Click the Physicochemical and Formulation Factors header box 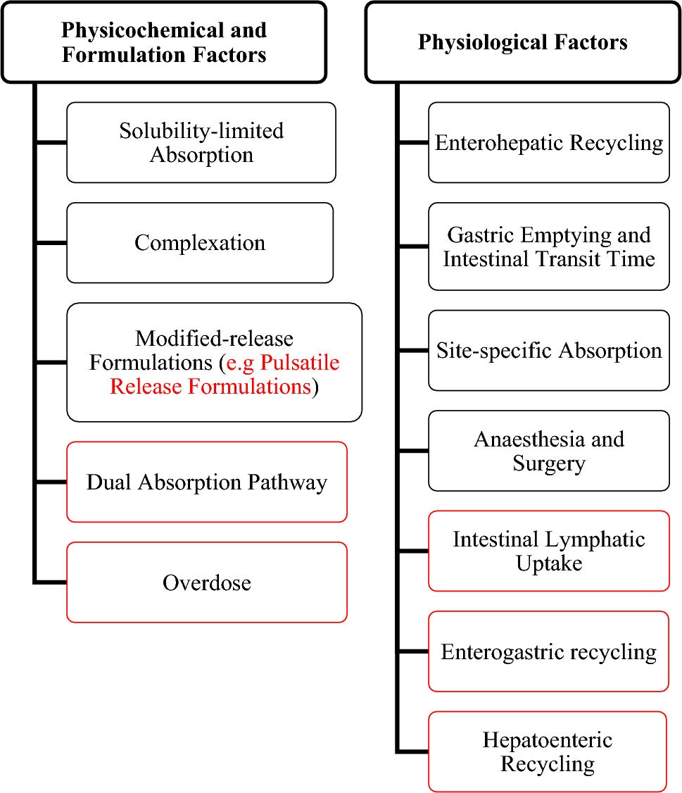coord(163,42)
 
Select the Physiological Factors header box coord(522,42)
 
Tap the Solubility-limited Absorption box coord(201,142)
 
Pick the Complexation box coord(200,243)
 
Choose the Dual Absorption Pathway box coord(207,482)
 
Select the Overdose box coord(207,582)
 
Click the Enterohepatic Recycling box coord(549,142)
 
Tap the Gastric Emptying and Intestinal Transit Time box coord(549,246)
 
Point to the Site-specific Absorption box coord(549,351)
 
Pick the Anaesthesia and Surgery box coord(549,451)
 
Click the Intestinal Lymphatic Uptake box coord(549,551)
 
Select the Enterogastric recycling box coord(549,651)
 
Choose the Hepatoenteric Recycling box coord(548,751)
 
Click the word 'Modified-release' coord(214,339)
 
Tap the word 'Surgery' coord(549,463)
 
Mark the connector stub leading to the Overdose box coord(51,582)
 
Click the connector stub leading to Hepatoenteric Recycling coord(413,751)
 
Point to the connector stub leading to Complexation coord(51,243)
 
